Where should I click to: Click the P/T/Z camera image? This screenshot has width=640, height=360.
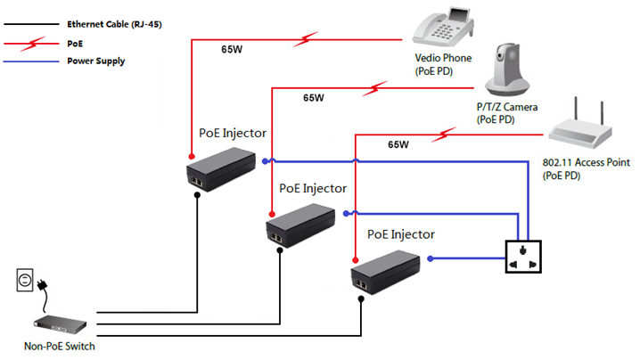coord(507,72)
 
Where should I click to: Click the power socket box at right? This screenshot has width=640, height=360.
coord(521,258)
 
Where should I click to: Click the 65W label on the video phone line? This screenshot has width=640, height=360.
coord(232,50)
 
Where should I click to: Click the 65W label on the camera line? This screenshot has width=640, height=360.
coord(314,98)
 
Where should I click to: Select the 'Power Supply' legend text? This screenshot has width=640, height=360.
coord(96,61)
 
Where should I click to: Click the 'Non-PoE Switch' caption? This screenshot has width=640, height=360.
coord(60,347)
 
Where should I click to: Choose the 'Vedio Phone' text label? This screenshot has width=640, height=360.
coord(443,59)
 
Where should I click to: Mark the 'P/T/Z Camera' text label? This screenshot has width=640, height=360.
coord(506,107)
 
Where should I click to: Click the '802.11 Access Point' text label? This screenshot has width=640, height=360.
coord(586,163)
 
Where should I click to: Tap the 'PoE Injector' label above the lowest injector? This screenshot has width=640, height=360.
coord(401,234)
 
